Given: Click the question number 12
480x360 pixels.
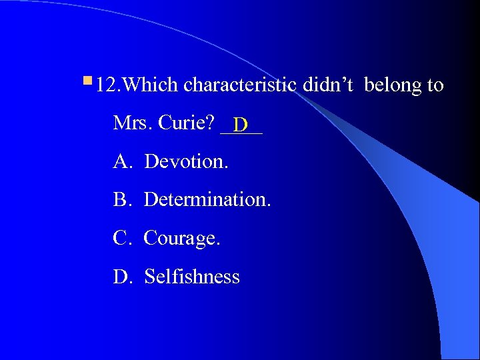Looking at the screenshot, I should coord(106,85).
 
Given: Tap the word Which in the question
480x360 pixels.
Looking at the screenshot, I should coord(151,85).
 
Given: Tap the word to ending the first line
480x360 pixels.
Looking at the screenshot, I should coord(435,85).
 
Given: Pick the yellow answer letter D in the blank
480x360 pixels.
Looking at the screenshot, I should coord(241,125).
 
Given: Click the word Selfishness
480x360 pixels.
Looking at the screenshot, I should coord(192,277).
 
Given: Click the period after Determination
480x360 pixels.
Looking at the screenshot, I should coord(269,205).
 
